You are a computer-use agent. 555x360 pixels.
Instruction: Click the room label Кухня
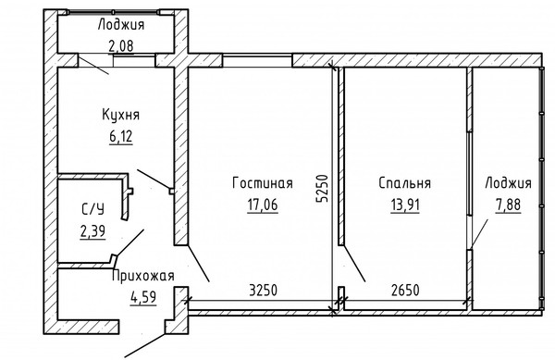click(121, 117)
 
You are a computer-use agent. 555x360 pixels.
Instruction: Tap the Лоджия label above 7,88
click(508, 183)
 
